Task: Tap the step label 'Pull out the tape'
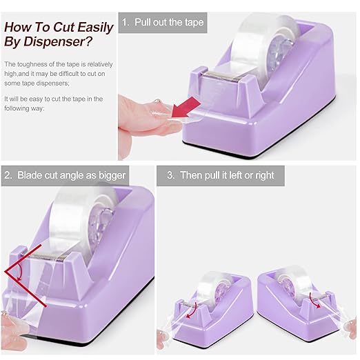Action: [169, 22]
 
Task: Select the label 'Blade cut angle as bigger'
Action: [72, 175]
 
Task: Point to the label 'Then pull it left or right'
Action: [227, 175]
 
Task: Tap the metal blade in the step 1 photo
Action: [222, 76]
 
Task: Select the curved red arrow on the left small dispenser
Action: [192, 310]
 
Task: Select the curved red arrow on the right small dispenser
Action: [314, 300]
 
